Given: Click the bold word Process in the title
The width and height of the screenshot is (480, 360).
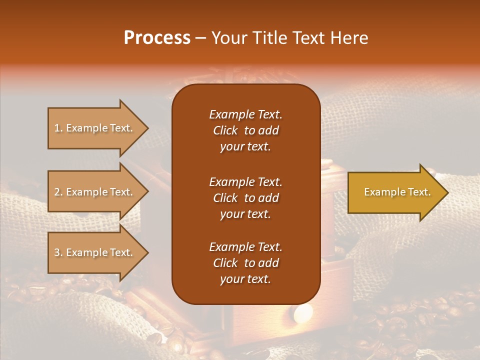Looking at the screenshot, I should (x=157, y=38).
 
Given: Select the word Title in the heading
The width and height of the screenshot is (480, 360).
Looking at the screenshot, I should (x=270, y=38).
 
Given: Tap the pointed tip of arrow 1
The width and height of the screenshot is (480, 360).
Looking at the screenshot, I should (x=147, y=128).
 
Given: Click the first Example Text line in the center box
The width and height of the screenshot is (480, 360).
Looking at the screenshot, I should (x=245, y=114).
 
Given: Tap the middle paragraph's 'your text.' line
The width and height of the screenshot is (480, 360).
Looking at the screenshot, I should (x=245, y=214).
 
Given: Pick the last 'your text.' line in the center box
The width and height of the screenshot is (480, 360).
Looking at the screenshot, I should (x=245, y=279).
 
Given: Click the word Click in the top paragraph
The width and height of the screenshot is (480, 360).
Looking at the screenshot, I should (x=225, y=130).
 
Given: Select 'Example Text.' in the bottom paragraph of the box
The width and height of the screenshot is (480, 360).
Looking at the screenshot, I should (x=245, y=247).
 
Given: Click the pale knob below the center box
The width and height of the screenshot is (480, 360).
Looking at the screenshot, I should (x=303, y=313).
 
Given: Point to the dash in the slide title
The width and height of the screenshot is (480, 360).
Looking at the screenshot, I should (x=200, y=38).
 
